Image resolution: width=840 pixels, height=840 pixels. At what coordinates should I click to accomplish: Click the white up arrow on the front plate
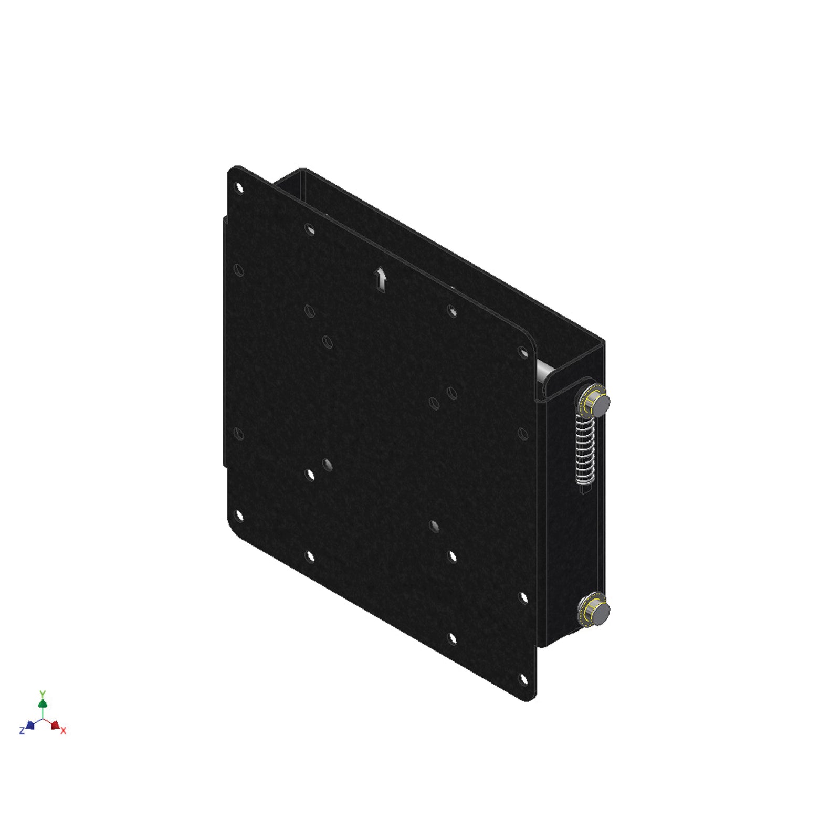pos(381,279)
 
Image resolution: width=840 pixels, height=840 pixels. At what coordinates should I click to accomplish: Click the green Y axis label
pos(43,694)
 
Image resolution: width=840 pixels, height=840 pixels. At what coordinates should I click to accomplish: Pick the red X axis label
pos(64,731)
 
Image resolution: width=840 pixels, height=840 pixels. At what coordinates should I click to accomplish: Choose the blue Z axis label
pos(22,731)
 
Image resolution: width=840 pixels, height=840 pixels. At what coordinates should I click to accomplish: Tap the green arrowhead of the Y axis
pos(43,703)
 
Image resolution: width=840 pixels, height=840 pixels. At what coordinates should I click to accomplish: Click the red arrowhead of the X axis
pos(55,725)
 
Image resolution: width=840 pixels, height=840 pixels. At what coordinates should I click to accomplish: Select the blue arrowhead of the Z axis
pos(30,725)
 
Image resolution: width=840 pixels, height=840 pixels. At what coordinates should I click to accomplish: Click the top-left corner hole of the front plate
pos(239,187)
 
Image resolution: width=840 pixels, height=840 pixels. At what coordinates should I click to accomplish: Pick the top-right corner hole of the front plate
pos(523,352)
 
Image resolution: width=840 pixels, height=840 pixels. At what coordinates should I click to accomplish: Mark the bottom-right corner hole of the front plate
pos(523,679)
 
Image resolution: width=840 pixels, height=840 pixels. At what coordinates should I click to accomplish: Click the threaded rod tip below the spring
pos(584,489)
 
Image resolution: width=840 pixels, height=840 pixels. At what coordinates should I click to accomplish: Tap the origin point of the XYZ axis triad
pos(43,719)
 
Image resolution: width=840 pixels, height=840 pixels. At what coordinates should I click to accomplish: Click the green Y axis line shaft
pos(43,711)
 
